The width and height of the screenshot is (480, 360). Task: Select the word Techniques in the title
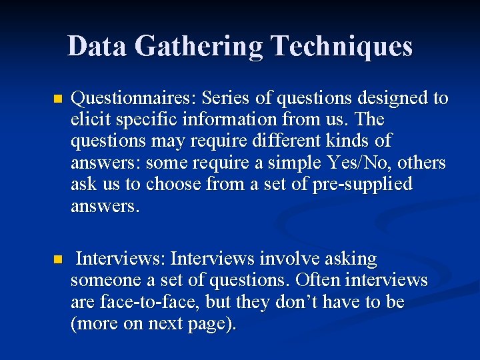coord(341,46)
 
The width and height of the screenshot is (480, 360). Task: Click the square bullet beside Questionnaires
coord(57,99)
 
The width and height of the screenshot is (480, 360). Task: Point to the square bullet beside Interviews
coord(57,259)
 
